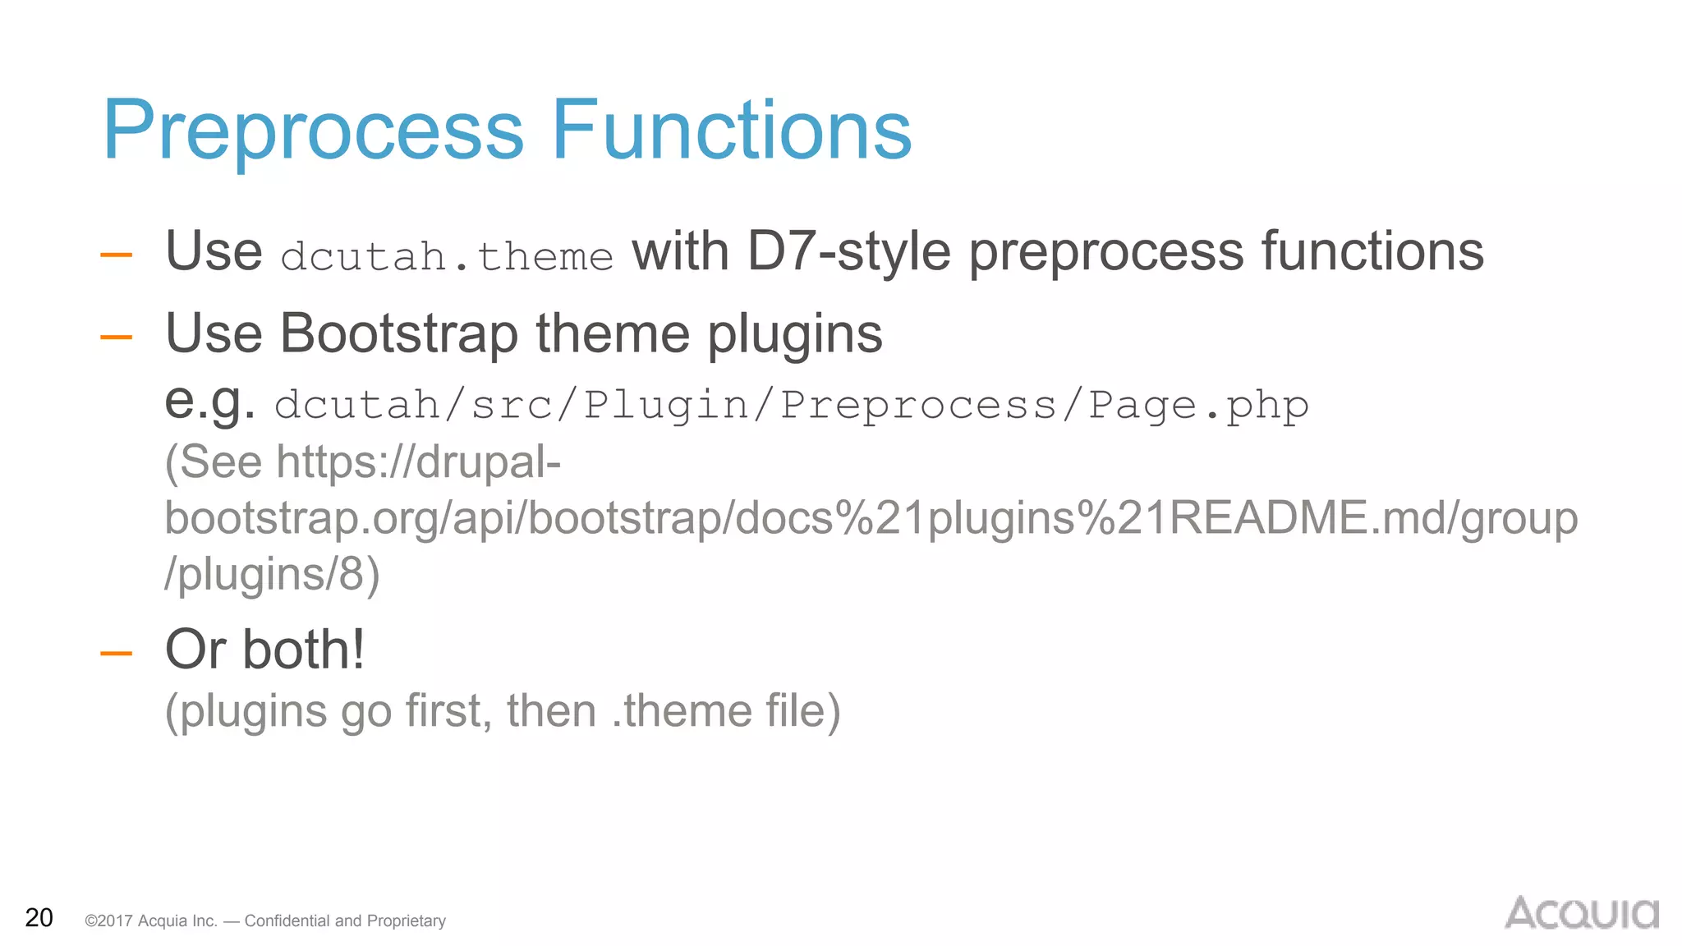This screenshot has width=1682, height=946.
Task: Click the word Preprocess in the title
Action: pos(312,131)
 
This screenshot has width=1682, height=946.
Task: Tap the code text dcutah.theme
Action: pos(447,256)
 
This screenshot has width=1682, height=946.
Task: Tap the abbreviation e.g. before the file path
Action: pos(209,402)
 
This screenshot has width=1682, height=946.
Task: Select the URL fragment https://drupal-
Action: pos(419,462)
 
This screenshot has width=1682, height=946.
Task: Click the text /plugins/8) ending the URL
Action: pos(272,574)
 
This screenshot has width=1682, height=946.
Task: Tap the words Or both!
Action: pos(264,650)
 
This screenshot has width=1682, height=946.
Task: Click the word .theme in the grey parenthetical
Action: pos(682,711)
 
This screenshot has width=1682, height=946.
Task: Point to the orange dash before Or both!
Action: pos(116,654)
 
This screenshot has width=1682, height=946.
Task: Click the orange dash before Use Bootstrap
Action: pos(116,336)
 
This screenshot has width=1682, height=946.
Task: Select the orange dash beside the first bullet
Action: pos(116,255)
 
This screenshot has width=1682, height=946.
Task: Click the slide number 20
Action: pos(39,918)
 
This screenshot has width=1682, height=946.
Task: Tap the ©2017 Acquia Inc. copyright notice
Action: pos(264,921)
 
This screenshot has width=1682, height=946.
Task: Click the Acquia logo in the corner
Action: pos(1581,913)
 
